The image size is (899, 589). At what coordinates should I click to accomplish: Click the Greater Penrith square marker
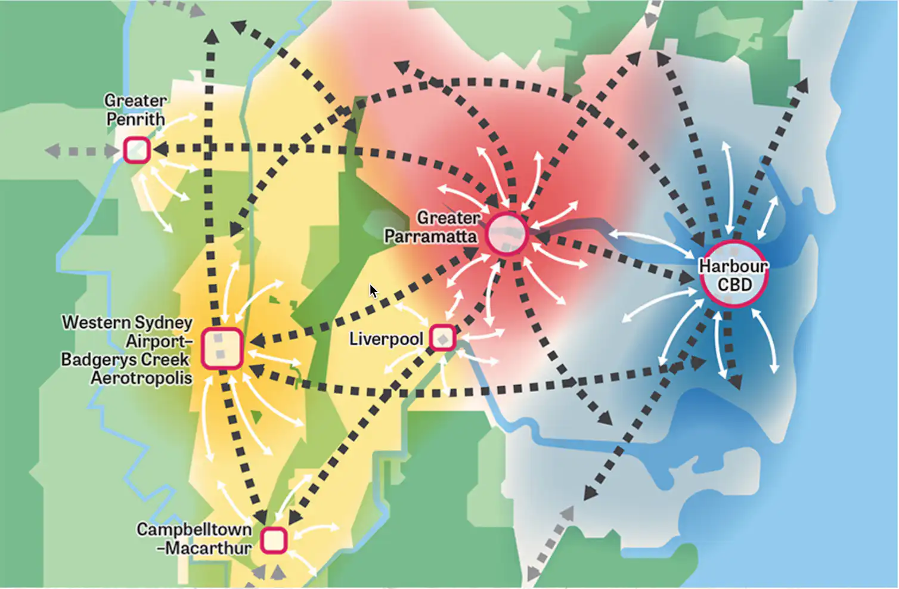137,150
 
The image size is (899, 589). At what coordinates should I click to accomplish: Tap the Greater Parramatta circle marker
507,234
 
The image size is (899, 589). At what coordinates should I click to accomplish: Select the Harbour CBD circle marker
734,274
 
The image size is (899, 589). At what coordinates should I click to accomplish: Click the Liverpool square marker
442,338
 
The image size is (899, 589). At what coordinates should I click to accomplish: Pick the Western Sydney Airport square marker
222,348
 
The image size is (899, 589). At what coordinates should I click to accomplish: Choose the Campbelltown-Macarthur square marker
274,541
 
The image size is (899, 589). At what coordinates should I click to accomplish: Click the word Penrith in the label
136,119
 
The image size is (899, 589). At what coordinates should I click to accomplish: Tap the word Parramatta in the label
430,237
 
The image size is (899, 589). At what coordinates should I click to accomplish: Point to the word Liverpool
386,339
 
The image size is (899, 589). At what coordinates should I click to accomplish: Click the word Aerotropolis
142,378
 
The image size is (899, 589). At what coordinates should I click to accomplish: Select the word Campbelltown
194,529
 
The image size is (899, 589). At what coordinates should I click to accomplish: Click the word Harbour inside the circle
733,266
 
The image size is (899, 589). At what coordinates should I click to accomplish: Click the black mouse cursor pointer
373,291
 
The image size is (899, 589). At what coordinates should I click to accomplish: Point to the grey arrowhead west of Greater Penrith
52,150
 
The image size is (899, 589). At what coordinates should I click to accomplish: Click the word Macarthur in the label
208,548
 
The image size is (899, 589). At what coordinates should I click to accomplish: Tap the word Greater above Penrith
135,100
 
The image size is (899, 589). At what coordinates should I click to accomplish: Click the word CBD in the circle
734,285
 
